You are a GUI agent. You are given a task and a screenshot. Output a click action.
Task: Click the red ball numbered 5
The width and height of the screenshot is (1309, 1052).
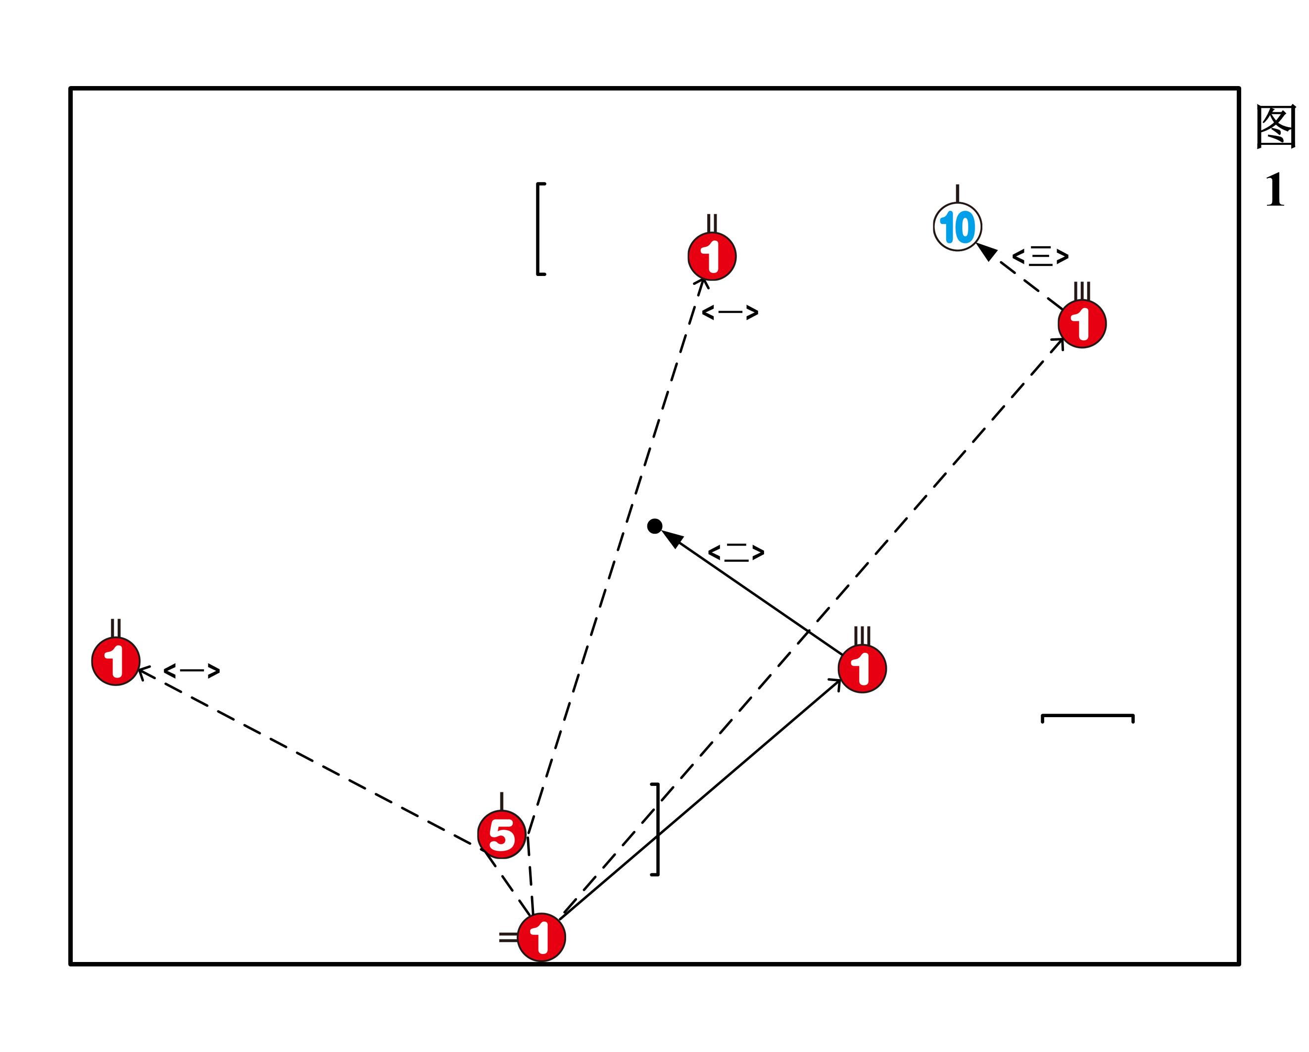501,835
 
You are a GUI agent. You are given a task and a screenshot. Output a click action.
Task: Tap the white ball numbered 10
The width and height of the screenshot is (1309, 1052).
958,227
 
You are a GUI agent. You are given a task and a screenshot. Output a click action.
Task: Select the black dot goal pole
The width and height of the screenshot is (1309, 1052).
654,526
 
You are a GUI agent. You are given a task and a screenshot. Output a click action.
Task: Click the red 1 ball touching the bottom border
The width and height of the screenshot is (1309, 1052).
541,937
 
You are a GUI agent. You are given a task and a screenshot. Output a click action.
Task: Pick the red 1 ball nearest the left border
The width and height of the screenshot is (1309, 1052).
116,661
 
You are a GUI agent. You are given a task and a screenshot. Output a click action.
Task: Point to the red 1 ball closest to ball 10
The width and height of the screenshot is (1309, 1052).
1082,324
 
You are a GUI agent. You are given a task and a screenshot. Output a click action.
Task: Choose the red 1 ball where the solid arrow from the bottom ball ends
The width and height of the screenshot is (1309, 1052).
862,669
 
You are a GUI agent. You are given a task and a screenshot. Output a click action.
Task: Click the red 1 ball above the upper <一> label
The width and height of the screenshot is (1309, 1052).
712,257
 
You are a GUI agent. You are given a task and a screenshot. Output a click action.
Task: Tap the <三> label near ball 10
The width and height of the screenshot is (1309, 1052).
1040,257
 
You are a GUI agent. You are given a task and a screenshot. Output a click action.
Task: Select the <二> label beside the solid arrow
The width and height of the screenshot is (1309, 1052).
736,552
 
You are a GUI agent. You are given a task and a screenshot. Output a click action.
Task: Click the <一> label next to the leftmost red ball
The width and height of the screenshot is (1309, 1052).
192,671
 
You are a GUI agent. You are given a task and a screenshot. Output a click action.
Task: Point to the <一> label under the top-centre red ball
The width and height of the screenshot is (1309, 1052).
730,313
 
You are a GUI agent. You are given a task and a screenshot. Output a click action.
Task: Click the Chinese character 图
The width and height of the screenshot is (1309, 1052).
1276,128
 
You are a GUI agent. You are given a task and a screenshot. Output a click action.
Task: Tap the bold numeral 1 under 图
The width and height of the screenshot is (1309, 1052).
1275,190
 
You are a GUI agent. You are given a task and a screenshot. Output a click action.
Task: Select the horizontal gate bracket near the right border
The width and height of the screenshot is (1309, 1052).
1087,717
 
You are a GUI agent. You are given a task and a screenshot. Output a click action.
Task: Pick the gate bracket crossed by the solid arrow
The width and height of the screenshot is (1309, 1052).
657,829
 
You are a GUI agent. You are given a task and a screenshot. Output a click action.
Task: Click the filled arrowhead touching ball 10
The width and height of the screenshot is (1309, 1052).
987,251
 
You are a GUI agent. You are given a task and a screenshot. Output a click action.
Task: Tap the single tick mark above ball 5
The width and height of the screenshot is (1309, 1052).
501,801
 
